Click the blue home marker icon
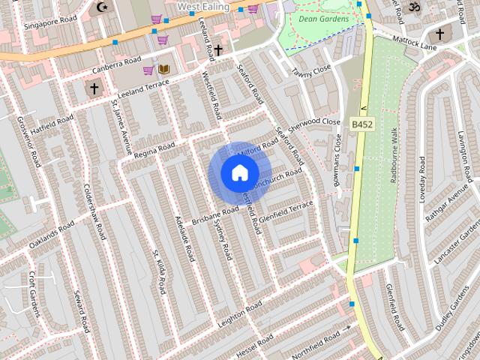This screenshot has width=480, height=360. click(x=238, y=173)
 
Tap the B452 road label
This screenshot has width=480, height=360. click(x=361, y=123)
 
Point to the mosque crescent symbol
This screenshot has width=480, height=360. click(x=102, y=7)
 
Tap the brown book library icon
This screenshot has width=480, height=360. click(x=163, y=70)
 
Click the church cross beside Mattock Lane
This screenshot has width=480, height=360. click(x=439, y=34)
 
